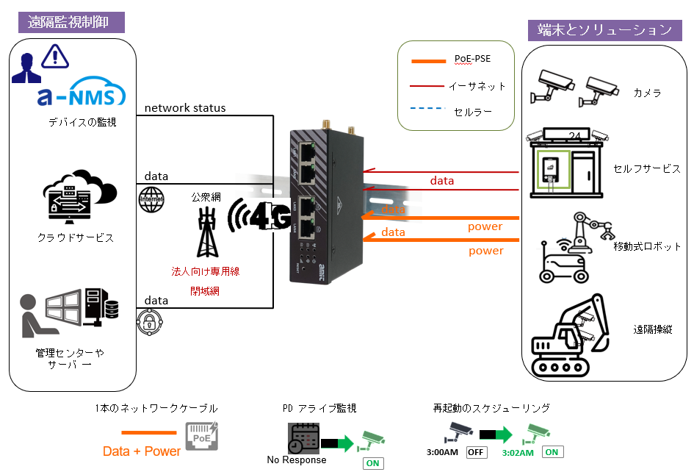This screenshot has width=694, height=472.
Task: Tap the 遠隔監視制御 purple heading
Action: tap(72, 21)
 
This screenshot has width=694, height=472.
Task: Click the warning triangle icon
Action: tap(54, 57)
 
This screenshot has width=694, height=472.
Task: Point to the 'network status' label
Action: tap(185, 108)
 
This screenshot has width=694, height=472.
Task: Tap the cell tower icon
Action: tap(205, 227)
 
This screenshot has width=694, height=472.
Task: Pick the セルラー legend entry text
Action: tap(473, 112)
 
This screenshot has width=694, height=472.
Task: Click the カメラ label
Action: tap(647, 93)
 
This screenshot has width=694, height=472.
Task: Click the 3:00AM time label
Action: tap(444, 452)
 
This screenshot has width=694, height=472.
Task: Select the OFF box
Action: tap(477, 452)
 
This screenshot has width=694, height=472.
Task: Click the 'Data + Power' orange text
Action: tap(142, 451)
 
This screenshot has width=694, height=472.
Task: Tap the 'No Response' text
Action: tap(297, 460)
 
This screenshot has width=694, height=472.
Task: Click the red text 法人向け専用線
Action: tap(205, 271)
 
